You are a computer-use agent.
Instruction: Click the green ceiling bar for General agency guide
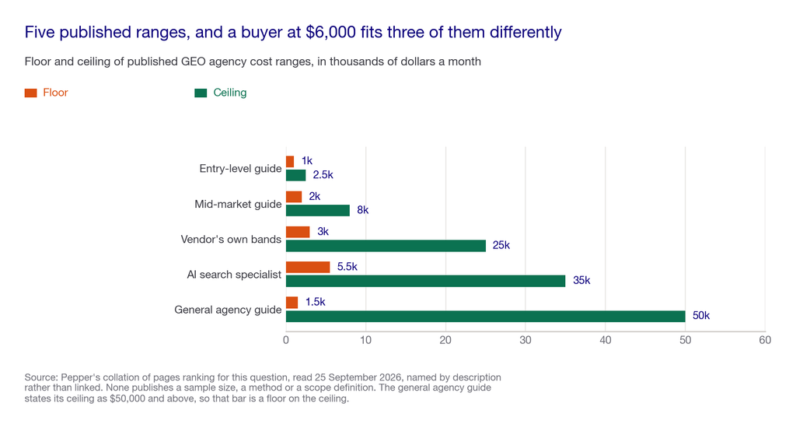(x=485, y=316)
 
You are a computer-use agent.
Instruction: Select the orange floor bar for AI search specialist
(x=308, y=267)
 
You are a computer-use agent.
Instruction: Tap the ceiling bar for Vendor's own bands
(x=386, y=245)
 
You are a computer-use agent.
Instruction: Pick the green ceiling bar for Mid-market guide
(x=318, y=210)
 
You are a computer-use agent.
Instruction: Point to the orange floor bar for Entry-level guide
(x=290, y=162)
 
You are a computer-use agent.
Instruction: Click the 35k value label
(x=581, y=280)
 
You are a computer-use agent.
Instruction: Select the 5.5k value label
(x=347, y=266)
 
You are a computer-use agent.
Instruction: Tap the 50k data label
(x=701, y=315)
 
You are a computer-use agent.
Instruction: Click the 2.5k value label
(x=323, y=175)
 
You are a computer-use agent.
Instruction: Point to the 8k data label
(x=362, y=210)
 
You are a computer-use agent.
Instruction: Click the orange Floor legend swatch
(x=30, y=93)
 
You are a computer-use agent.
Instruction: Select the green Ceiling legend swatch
(x=201, y=93)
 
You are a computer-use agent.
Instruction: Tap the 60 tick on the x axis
(x=765, y=340)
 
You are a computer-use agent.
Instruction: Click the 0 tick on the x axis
(x=286, y=340)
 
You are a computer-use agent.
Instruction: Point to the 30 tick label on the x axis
(x=525, y=340)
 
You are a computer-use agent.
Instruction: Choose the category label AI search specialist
(x=234, y=275)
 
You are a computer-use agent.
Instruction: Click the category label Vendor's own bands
(x=231, y=240)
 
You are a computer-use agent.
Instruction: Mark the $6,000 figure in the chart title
(x=331, y=32)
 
